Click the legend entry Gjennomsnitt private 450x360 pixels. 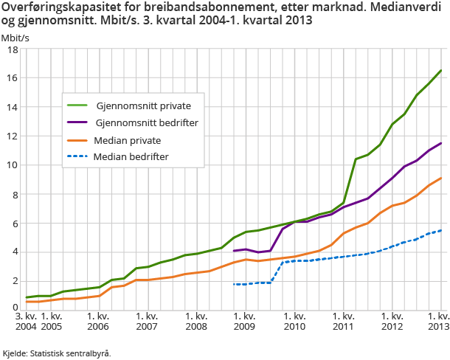pyautogui.click(x=138, y=105)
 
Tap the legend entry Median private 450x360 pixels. pyautogui.click(x=127, y=139)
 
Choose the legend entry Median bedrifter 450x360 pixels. pyautogui.click(x=131, y=156)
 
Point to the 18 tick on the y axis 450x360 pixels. pyautogui.click(x=12, y=49)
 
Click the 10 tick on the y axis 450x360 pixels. pyautogui.click(x=12, y=165)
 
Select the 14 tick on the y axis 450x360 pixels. pyautogui.click(x=12, y=107)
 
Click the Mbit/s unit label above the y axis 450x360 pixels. pyautogui.click(x=15, y=35)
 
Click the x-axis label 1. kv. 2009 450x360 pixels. pyautogui.click(x=245, y=321)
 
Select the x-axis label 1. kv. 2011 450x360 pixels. pyautogui.click(x=343, y=321)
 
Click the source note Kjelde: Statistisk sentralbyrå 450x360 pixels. pyautogui.click(x=57, y=353)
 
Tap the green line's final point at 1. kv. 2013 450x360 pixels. pyautogui.click(x=441, y=71)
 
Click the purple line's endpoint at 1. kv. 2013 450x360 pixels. pyautogui.click(x=441, y=143)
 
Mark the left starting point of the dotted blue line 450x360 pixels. pyautogui.click(x=234, y=284)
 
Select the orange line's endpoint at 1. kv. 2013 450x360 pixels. pyautogui.click(x=441, y=178)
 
